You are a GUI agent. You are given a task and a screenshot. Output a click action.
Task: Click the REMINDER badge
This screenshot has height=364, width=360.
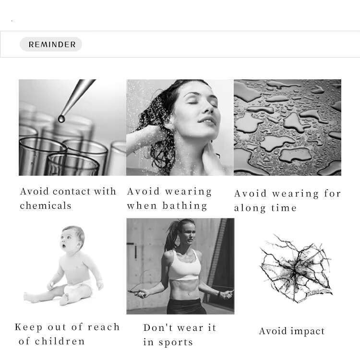[x=51, y=44]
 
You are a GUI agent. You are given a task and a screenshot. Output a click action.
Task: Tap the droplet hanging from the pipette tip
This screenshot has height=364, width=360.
[x=61, y=119]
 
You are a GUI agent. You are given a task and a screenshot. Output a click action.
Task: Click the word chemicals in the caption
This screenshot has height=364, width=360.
[x=46, y=206]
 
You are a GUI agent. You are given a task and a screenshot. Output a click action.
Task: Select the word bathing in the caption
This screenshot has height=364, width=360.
[x=184, y=206]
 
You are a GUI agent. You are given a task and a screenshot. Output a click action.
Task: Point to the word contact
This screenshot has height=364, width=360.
[x=72, y=192]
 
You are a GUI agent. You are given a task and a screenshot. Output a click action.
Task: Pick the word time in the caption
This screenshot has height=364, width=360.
[x=284, y=208]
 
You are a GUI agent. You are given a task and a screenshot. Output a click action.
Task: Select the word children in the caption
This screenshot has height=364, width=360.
[x=60, y=341]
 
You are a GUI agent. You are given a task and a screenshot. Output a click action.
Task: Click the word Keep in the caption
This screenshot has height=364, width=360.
[x=28, y=328]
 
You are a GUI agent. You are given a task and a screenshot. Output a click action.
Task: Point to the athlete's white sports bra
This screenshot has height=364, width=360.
[x=184, y=266]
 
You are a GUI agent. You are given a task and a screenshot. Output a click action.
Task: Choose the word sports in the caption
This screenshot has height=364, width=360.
[x=176, y=343]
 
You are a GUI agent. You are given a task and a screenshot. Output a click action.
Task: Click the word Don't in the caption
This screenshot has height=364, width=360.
[x=158, y=328]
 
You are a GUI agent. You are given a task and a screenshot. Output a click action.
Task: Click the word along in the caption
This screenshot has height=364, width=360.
[x=250, y=208]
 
